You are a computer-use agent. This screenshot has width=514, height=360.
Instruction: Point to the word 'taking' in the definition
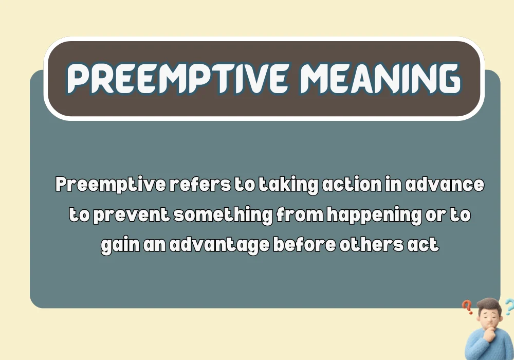click(x=287, y=186)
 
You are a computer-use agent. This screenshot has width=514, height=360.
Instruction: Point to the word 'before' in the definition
click(x=303, y=244)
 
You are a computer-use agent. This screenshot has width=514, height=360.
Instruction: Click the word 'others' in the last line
click(x=368, y=244)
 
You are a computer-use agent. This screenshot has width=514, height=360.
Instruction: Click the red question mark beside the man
click(x=467, y=308)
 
